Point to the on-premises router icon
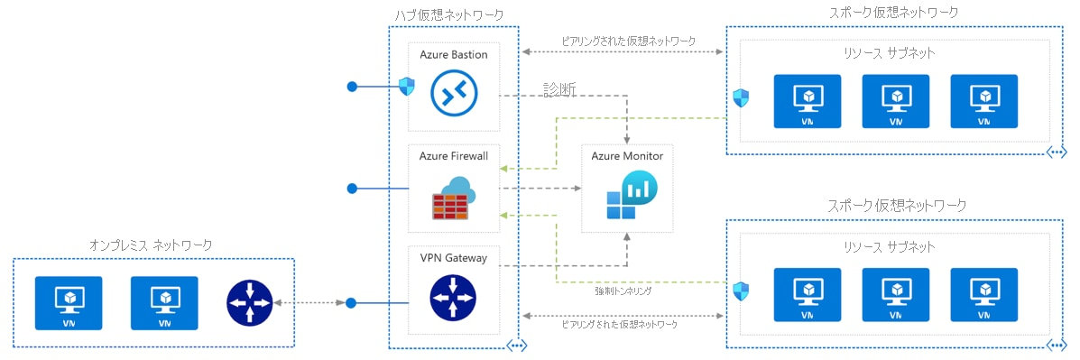[247, 302]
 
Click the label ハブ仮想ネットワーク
[448, 14]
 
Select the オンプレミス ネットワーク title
[151, 245]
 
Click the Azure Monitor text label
[627, 156]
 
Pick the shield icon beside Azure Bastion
[406, 87]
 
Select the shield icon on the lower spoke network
[741, 291]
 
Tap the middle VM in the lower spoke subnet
[895, 295]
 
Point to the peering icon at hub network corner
[516, 346]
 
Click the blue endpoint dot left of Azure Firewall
[353, 189]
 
